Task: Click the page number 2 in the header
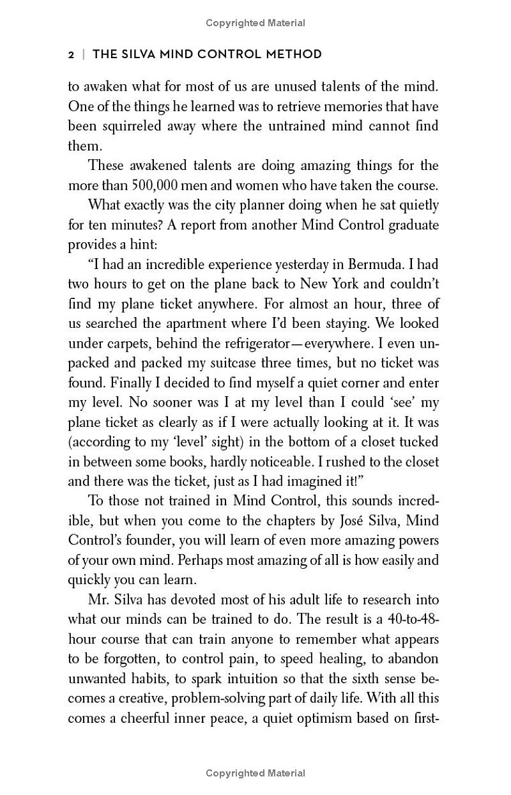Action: (x=72, y=54)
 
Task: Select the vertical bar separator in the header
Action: (x=82, y=54)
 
